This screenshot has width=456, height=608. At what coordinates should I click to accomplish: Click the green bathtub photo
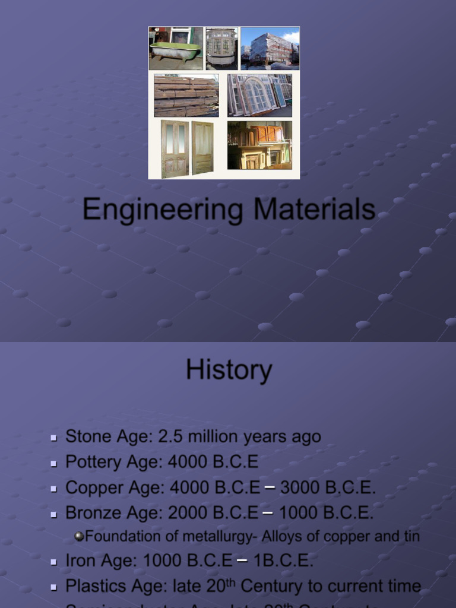175,48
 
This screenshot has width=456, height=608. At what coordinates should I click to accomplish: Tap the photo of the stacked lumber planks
186,95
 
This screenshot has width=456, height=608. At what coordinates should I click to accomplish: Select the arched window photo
259,95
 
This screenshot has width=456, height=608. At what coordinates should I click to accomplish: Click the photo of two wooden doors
187,148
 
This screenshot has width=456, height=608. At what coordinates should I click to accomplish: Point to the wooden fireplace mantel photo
259,145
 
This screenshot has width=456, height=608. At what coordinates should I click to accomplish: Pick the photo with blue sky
270,48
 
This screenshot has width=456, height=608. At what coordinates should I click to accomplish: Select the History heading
229,370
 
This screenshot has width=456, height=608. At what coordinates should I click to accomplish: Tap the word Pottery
90,461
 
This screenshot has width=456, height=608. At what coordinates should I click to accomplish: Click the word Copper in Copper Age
90,487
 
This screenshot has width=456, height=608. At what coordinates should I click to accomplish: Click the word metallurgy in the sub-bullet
216,536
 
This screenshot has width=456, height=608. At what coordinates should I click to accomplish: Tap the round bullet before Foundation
79,536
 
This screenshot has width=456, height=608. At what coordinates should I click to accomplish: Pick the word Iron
79,560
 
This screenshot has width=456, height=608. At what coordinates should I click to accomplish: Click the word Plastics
93,586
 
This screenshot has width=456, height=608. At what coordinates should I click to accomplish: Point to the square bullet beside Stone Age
54,438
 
